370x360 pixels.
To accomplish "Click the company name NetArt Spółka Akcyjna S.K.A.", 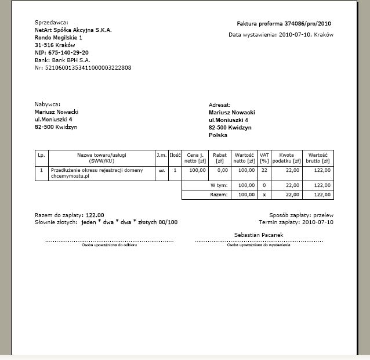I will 73,29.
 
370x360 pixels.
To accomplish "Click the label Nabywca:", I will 48,104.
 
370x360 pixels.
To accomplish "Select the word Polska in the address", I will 218,135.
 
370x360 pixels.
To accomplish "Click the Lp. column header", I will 41,155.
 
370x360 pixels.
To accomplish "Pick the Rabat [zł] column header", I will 220,158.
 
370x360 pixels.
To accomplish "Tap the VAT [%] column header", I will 264,158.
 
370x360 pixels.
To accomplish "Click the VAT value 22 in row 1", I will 264,170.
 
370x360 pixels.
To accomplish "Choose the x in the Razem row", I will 264,195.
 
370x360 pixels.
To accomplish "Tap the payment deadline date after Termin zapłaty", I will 319,222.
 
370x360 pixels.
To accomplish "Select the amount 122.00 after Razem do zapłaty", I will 95,215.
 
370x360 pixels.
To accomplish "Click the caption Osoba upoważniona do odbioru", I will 109,245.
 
